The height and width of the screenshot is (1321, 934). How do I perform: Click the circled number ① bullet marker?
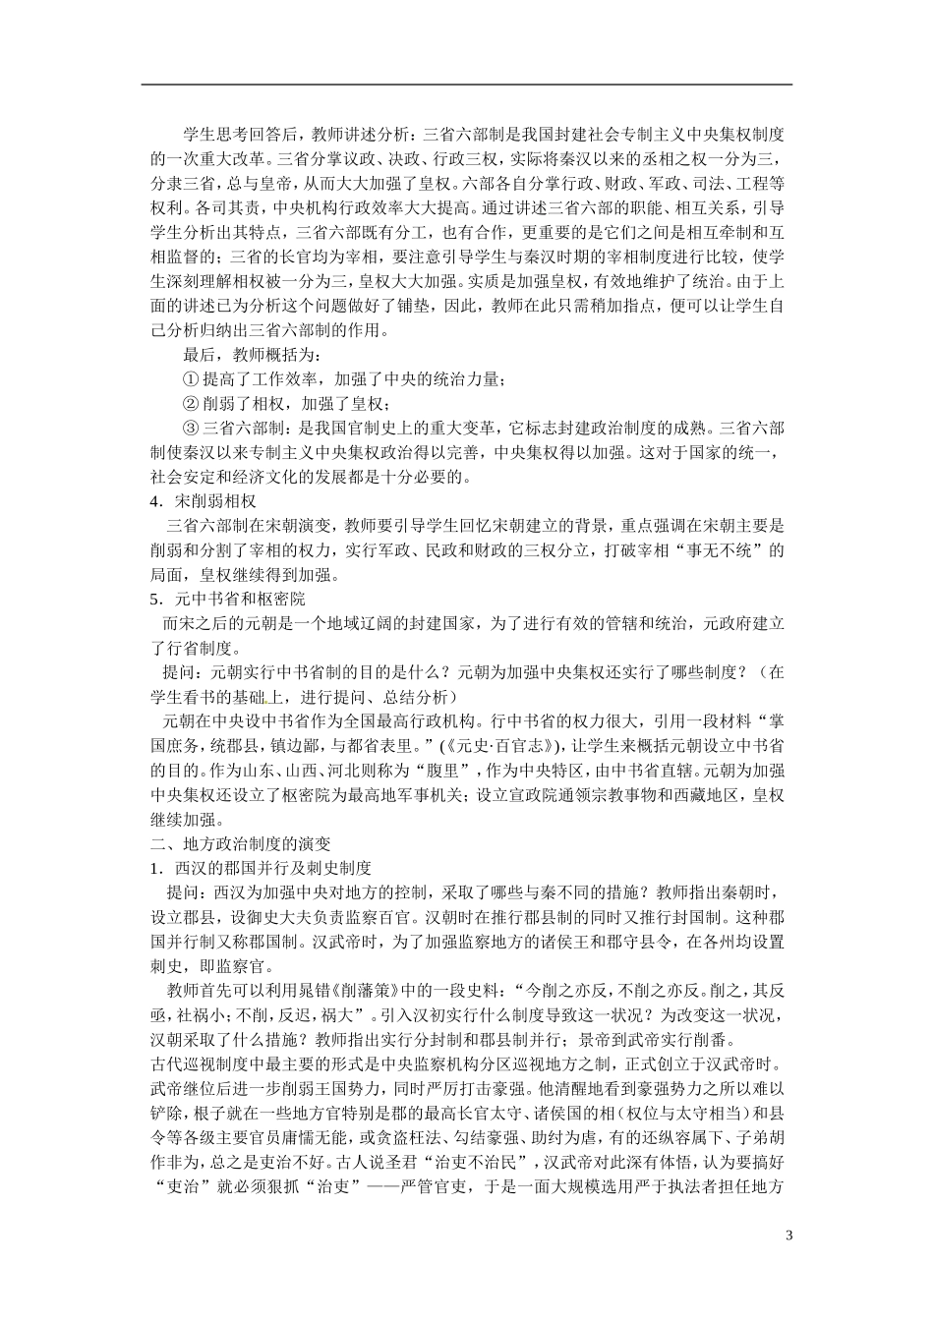(x=191, y=379)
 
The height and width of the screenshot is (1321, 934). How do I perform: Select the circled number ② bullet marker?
(x=191, y=404)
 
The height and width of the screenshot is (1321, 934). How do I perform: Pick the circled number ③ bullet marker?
(x=191, y=429)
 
